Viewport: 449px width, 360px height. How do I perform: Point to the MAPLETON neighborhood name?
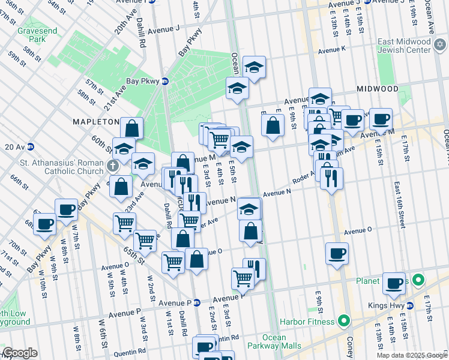click(96, 122)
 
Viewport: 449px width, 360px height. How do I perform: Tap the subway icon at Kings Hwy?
click(410, 305)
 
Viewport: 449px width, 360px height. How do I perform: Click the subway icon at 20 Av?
click(30, 146)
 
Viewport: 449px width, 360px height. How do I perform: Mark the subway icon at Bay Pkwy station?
click(165, 83)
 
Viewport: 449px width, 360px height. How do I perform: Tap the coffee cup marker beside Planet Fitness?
click(394, 284)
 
